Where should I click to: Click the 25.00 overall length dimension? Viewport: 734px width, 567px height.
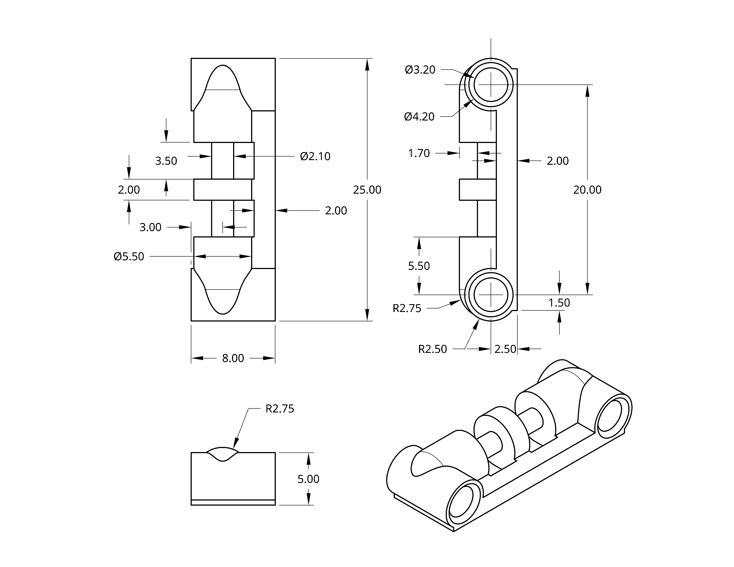coord(367,190)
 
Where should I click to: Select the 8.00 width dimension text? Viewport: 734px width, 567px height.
coord(233,358)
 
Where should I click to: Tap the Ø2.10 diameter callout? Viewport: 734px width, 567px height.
coord(315,156)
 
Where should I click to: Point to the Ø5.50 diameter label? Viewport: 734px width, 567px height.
coord(129,256)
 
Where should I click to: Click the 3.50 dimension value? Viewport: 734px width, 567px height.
coord(166,161)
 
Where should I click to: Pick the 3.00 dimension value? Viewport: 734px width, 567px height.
coord(151,227)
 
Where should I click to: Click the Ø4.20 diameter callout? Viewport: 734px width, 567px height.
coord(419,117)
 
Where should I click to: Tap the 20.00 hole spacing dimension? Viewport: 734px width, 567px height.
coord(587,190)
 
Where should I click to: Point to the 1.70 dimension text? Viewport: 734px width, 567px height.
coord(419,153)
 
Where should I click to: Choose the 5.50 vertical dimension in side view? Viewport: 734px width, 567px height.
coord(419,266)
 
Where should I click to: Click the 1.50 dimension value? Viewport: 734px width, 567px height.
coord(559,303)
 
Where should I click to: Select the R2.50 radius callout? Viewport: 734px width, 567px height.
coord(432,349)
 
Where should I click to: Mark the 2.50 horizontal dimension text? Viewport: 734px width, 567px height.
coord(505,349)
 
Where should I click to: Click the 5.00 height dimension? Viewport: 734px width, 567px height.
coord(308,479)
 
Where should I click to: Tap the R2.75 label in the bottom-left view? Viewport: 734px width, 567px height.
coord(280,408)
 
